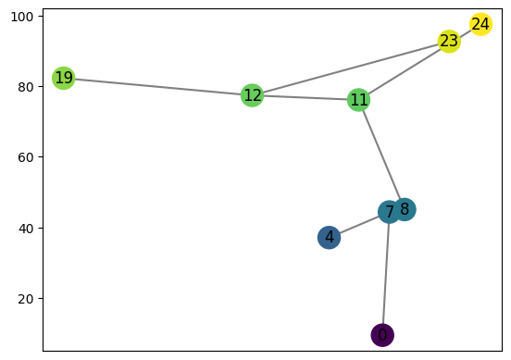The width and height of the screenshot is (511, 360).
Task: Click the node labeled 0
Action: [x=382, y=334]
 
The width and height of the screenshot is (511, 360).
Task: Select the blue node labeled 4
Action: [x=329, y=238]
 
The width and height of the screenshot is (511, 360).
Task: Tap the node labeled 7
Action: [x=390, y=212]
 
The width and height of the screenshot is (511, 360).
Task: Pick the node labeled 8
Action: [x=405, y=209]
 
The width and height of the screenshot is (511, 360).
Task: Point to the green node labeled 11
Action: [x=359, y=100]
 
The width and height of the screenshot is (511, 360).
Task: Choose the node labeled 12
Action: [x=252, y=95]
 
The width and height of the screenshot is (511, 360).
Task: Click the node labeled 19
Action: [x=63, y=78]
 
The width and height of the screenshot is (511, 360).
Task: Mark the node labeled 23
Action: [x=449, y=42]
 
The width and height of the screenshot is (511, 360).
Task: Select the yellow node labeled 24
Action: [x=480, y=25]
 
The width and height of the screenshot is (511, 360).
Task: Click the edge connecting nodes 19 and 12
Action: [x=157, y=86]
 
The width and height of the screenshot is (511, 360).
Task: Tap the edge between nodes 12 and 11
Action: [x=305, y=97]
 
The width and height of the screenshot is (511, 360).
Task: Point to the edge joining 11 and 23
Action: [x=405, y=70]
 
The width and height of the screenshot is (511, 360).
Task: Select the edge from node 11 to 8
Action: [x=381, y=155]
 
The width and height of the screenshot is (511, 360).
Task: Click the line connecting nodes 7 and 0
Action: [x=386, y=273]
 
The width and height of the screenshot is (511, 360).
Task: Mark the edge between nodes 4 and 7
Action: [x=359, y=225]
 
